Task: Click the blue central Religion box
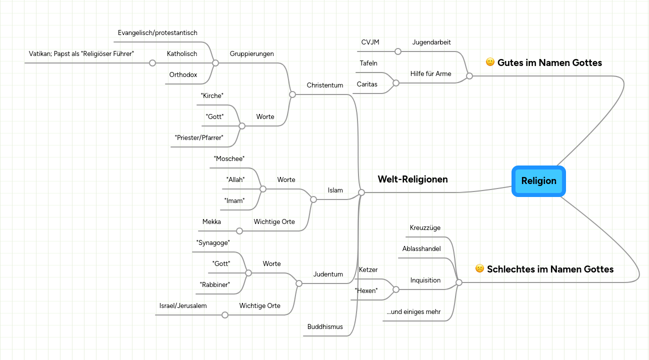(x=538, y=181)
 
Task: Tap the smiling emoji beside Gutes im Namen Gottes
(x=490, y=62)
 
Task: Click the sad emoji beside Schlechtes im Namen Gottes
(x=479, y=268)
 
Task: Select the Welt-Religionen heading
(x=412, y=179)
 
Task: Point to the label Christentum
(x=325, y=85)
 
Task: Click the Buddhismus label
(x=325, y=326)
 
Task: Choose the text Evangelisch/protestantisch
(x=157, y=32)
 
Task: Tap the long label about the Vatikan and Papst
(x=81, y=53)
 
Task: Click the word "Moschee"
(x=229, y=158)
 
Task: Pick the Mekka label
(x=211, y=221)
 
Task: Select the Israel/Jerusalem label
(x=183, y=305)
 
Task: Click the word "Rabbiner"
(x=214, y=284)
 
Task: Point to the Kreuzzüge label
(x=425, y=227)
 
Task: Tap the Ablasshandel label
(x=421, y=248)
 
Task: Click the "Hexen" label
(x=366, y=290)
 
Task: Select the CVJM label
(x=370, y=42)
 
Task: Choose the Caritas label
(x=367, y=84)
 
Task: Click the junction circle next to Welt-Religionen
(x=361, y=192)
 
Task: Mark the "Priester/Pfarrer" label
(x=199, y=137)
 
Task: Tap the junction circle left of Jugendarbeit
(x=398, y=51)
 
